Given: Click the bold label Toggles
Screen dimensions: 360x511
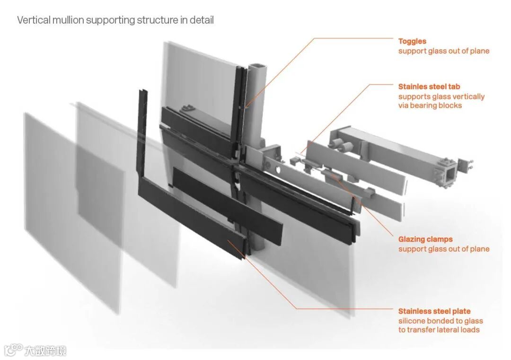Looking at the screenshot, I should (412, 42).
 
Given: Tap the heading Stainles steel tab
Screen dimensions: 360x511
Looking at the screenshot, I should (429, 87).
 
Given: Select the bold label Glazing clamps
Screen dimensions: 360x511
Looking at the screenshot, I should (425, 239).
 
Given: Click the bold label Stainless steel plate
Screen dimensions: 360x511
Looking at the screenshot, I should (434, 311).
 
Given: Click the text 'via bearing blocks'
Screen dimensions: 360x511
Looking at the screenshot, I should (430, 105).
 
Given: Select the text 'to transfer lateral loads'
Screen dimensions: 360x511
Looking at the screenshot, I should (439, 330).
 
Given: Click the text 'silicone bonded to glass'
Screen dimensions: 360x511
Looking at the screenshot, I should (441, 321).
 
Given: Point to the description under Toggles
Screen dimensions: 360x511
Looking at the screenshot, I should (443, 51).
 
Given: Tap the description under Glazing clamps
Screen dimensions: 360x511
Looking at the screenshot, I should (443, 249).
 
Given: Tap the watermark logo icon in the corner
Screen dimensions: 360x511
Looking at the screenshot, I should (13, 350).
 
